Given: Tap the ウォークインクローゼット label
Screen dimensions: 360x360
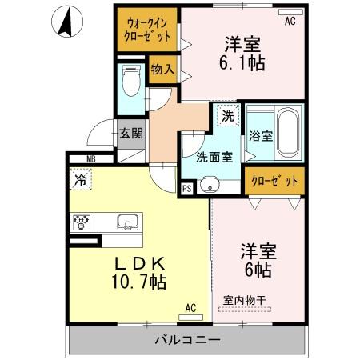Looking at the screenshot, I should (145, 30).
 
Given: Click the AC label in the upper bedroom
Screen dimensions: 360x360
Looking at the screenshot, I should (289, 22).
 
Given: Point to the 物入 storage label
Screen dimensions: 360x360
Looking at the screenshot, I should (162, 70).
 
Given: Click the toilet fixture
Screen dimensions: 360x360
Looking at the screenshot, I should (130, 80).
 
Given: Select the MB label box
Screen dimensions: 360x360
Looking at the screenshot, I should (91, 159).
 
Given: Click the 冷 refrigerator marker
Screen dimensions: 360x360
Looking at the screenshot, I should (80, 180).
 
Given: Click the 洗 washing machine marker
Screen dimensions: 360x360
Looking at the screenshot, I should (228, 115).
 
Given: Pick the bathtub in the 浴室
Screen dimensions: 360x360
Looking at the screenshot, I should (286, 134).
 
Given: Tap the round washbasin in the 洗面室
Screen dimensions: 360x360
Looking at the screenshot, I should (211, 183).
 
